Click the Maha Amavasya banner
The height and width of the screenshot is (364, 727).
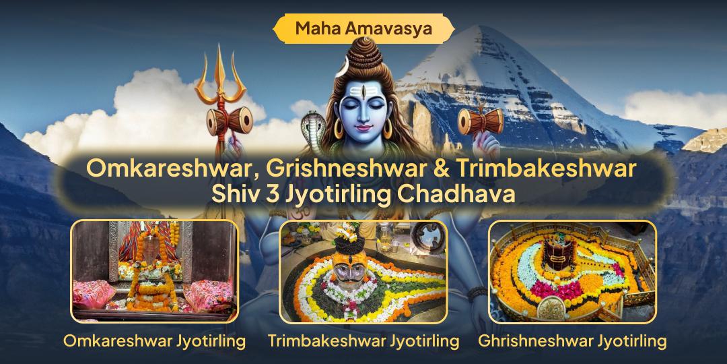(x=363, y=29)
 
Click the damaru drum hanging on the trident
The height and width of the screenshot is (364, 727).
(x=229, y=121)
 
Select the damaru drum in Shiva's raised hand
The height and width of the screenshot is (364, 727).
(x=481, y=121)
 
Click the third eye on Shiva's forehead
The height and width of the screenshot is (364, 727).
(x=363, y=91)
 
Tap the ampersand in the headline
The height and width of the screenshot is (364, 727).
(x=438, y=169)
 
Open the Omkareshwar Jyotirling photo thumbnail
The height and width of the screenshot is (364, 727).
(x=154, y=271)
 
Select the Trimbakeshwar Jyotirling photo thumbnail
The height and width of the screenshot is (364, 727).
(x=363, y=271)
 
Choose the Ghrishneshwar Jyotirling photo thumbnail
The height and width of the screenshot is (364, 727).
(x=573, y=271)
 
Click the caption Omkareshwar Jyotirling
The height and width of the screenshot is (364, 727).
(x=154, y=341)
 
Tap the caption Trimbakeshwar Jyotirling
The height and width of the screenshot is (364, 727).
(x=363, y=341)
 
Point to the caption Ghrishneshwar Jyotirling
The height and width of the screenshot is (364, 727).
(x=573, y=341)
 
